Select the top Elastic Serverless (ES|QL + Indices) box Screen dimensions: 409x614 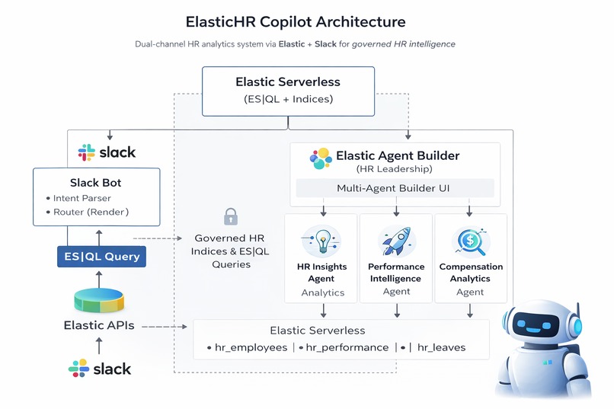point(288,91)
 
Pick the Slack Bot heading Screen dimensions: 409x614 point(96,183)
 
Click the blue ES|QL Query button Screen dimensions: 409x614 point(101,257)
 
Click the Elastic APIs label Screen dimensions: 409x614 point(98,326)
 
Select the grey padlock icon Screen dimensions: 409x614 point(231,216)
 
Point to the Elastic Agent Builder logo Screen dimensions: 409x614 point(321,158)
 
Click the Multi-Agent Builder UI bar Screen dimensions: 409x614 point(395,187)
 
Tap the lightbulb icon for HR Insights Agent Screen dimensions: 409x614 point(321,240)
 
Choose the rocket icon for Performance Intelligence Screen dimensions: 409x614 point(395,240)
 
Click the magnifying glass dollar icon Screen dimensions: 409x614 point(470,240)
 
